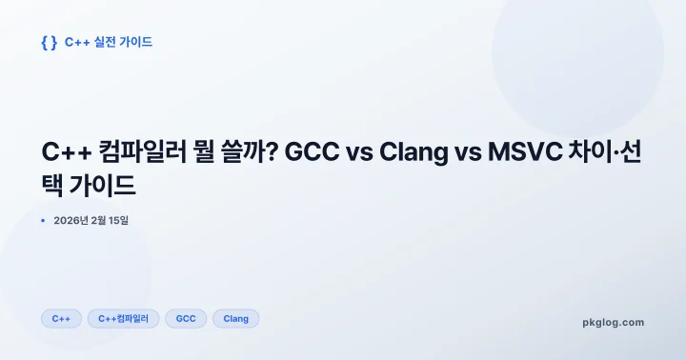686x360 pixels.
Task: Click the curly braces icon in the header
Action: coord(49,42)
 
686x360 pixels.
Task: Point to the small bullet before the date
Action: coord(43,221)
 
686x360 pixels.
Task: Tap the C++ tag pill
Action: coord(61,318)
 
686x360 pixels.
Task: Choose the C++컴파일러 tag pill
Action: coord(124,318)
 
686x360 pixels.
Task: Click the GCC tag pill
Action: coord(186,318)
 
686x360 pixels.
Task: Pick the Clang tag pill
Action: coord(235,318)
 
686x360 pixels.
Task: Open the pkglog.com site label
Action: coord(613,322)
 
